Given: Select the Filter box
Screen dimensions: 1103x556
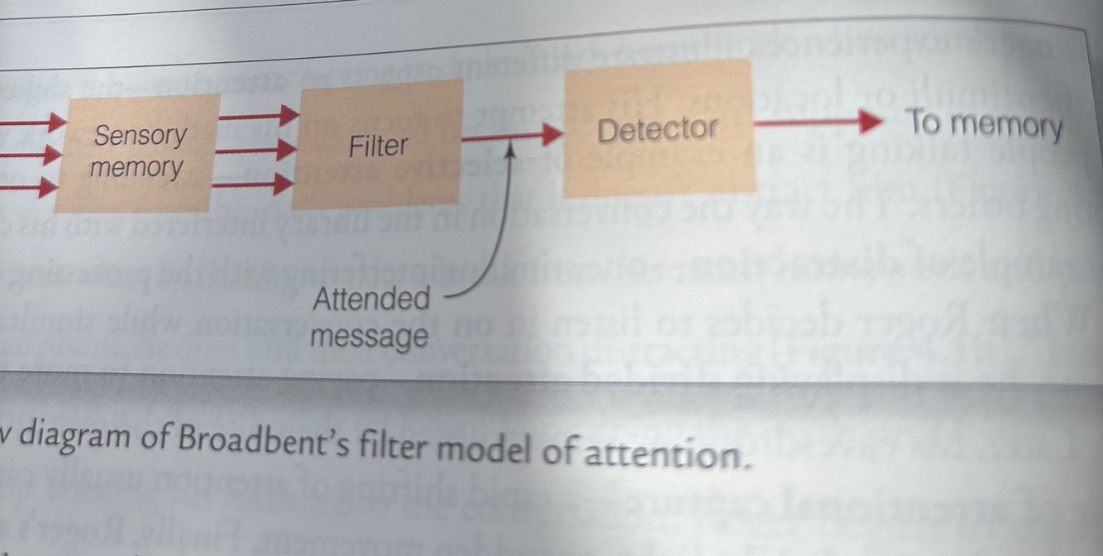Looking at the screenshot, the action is coord(378,145).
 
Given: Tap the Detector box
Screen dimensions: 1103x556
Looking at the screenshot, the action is coord(658,128).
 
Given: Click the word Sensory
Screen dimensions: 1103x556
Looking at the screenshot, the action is coord(141,134).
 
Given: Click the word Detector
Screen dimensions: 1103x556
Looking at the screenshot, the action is coord(658,129).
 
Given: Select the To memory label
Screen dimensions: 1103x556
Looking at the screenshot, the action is coord(984,125).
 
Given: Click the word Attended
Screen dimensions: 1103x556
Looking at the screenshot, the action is coord(371,299).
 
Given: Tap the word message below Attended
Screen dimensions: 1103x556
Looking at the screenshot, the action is coord(370,336).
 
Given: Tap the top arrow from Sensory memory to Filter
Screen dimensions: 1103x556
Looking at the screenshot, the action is coord(258,115).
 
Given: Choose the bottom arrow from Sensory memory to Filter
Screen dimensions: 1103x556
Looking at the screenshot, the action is coord(252,184).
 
